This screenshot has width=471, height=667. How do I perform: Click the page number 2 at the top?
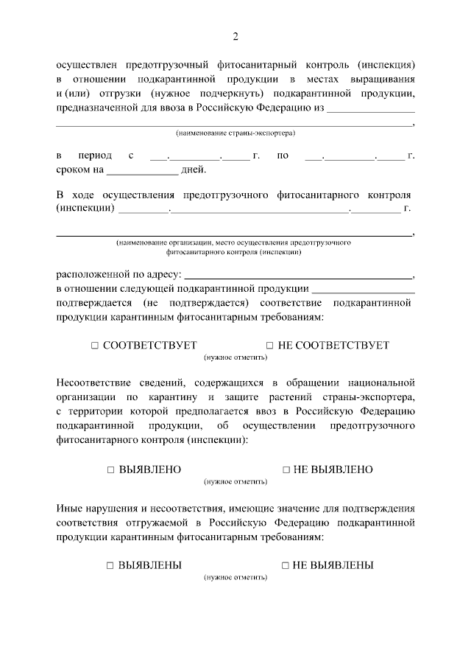(235, 36)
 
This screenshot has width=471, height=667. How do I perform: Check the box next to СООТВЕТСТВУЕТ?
(95, 346)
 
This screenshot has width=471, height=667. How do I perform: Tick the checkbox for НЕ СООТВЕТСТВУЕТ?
(269, 346)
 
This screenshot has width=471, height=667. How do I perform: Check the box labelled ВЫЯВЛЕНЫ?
(109, 565)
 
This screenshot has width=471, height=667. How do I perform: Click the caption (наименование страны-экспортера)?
(235, 134)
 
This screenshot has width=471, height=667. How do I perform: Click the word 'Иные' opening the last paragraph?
(68, 509)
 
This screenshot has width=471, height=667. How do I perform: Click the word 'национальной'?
(383, 383)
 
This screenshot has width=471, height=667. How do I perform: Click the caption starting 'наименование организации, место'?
(233, 242)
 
